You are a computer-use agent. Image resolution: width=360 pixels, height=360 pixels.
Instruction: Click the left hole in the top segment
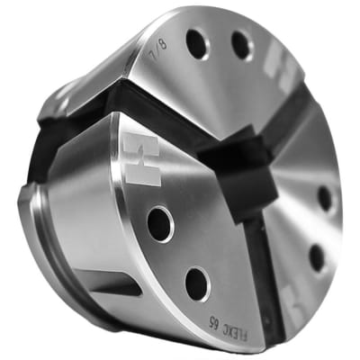(196, 40)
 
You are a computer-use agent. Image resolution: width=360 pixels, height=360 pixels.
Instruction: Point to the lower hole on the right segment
(317, 258)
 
